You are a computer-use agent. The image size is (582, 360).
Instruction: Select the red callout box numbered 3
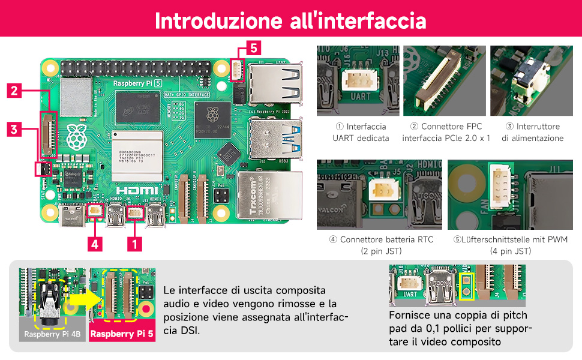click(16, 128)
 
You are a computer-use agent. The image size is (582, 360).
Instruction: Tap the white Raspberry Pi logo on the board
click(75, 137)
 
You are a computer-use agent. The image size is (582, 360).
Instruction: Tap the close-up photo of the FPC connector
click(442, 81)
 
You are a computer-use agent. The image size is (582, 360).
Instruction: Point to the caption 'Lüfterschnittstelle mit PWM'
click(511, 239)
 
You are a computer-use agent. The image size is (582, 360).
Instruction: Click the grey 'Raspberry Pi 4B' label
click(53, 334)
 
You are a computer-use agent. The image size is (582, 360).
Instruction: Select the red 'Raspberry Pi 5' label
click(122, 334)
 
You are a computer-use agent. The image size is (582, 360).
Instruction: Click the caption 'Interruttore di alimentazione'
click(532, 132)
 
